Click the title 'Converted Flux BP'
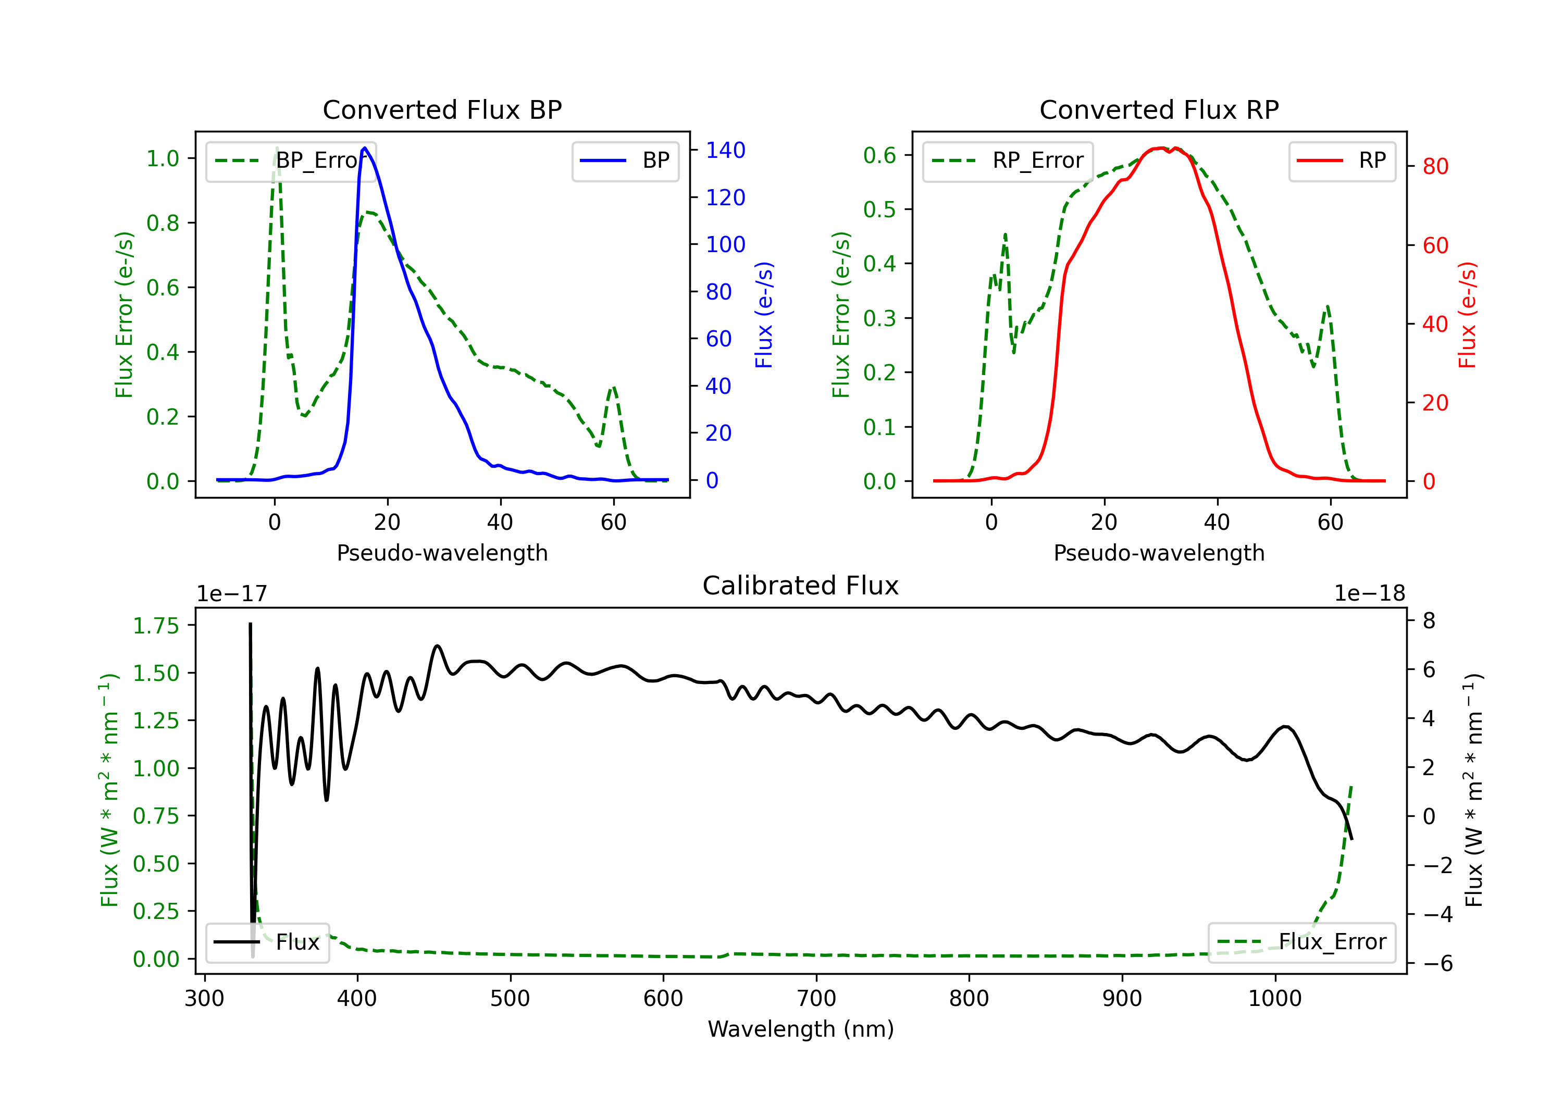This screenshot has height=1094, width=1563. pos(442,109)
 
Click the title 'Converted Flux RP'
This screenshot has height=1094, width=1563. pos(1159,109)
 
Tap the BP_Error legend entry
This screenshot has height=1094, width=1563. pos(291,160)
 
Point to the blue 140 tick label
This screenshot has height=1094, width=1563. pos(725,151)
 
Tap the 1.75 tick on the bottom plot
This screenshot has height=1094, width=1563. pos(155,626)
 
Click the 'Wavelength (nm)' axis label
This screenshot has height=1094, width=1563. pos(801,1029)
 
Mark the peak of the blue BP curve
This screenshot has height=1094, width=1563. pos(365,148)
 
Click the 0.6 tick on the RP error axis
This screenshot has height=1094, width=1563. pos(879,155)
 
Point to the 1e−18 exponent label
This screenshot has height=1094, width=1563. pos(1370,594)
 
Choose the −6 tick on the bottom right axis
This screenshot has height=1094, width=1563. pos(1437,963)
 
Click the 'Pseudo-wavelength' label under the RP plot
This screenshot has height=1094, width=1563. pos(1159,553)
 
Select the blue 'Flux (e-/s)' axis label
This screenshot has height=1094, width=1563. pos(764,315)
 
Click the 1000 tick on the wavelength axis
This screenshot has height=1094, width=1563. pos(1274,998)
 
